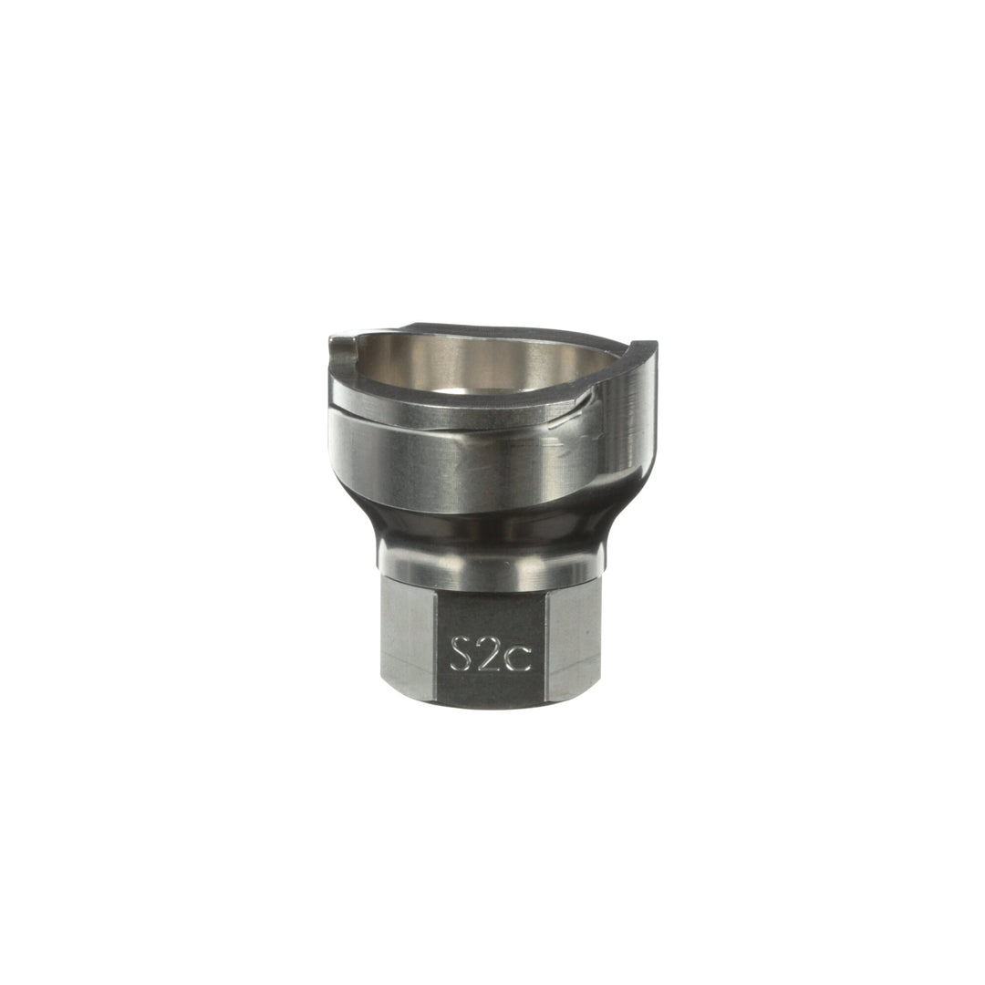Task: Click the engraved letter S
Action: point(462,654)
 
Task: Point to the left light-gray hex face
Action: point(407,642)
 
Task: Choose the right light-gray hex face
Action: point(573,642)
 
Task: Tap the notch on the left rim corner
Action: point(341,344)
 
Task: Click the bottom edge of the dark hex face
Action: point(490,705)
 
